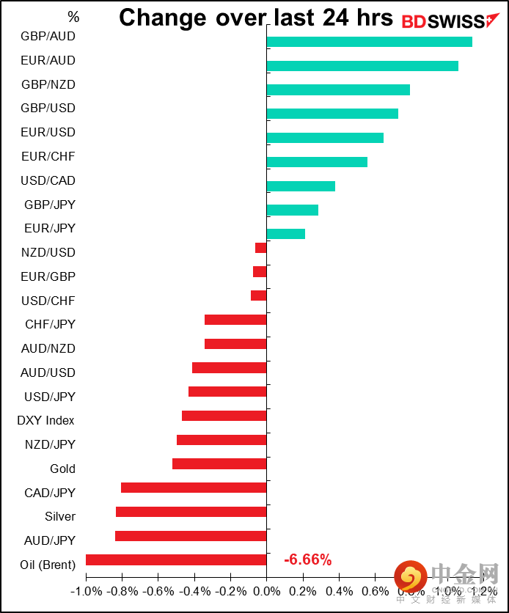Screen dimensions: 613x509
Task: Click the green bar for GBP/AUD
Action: pos(369,42)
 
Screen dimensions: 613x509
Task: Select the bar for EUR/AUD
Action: pos(362,66)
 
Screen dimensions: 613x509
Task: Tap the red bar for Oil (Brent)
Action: pos(176,559)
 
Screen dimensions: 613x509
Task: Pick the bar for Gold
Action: pos(219,463)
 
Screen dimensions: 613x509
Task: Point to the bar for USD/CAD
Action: pos(301,186)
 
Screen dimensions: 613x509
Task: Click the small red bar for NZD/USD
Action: pos(261,248)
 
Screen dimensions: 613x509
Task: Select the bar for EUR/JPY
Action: pos(286,234)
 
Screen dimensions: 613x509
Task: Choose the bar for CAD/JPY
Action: pos(194,488)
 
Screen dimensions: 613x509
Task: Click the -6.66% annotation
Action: pos(307,560)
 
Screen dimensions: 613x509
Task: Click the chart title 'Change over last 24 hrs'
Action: pos(256,18)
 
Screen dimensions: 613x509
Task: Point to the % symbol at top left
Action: pos(73,16)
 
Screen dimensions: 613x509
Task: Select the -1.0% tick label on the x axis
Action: pos(86,590)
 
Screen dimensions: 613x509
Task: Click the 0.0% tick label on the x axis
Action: pos(267,590)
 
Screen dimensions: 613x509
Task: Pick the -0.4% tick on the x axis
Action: pos(194,590)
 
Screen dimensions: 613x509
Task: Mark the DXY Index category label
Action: pos(45,420)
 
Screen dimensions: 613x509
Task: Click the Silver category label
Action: pos(60,516)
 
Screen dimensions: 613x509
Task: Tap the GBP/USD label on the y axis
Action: pos(48,108)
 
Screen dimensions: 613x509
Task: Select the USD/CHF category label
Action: pos(48,301)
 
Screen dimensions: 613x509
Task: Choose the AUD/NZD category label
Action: pos(48,348)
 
